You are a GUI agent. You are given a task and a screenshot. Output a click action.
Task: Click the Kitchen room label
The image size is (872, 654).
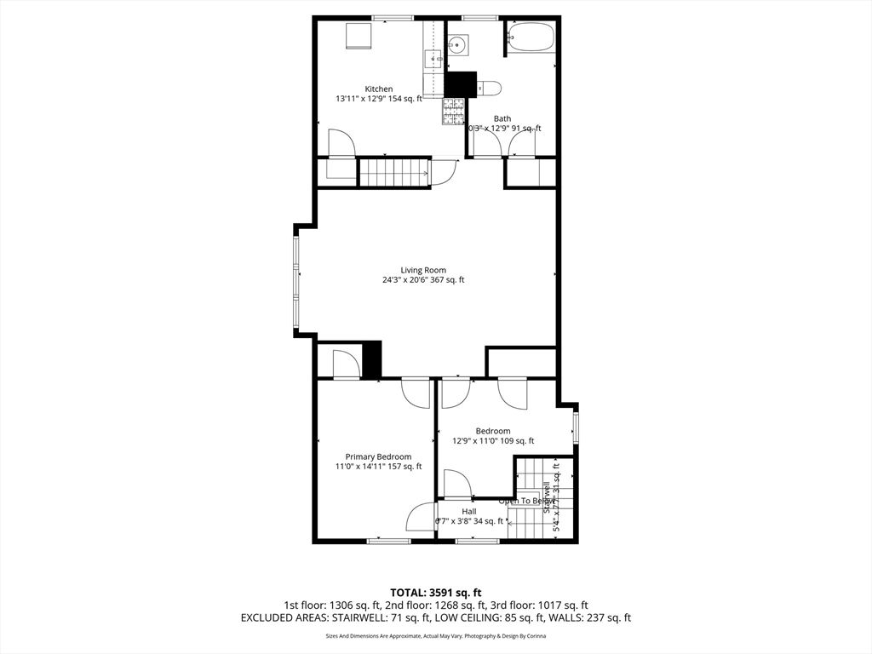coord(379,89)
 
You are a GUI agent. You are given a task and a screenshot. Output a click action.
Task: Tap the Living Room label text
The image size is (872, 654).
coord(423,270)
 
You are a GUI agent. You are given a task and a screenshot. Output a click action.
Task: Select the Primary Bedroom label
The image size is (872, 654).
coord(378,456)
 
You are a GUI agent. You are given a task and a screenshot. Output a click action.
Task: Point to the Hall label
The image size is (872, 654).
coord(468,511)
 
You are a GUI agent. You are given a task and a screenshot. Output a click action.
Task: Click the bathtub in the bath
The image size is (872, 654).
coord(531,37)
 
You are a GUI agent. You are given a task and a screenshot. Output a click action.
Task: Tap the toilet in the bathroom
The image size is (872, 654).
coord(488,87)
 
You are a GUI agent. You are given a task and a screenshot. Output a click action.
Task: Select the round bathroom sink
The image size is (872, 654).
coord(457,44)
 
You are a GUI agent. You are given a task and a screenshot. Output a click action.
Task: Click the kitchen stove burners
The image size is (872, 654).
coord(453,111)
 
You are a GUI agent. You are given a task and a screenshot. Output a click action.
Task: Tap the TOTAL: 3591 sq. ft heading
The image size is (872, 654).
coord(436,592)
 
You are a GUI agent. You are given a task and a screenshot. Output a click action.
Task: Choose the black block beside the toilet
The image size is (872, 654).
coord(461,83)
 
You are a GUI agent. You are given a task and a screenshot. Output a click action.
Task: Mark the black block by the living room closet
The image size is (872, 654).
coord(371,359)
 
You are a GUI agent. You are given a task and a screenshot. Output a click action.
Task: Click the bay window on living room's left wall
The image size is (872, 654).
coord(297,281)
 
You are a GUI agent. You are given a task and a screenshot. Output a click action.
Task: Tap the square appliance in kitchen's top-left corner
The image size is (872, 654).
coord(358,36)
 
